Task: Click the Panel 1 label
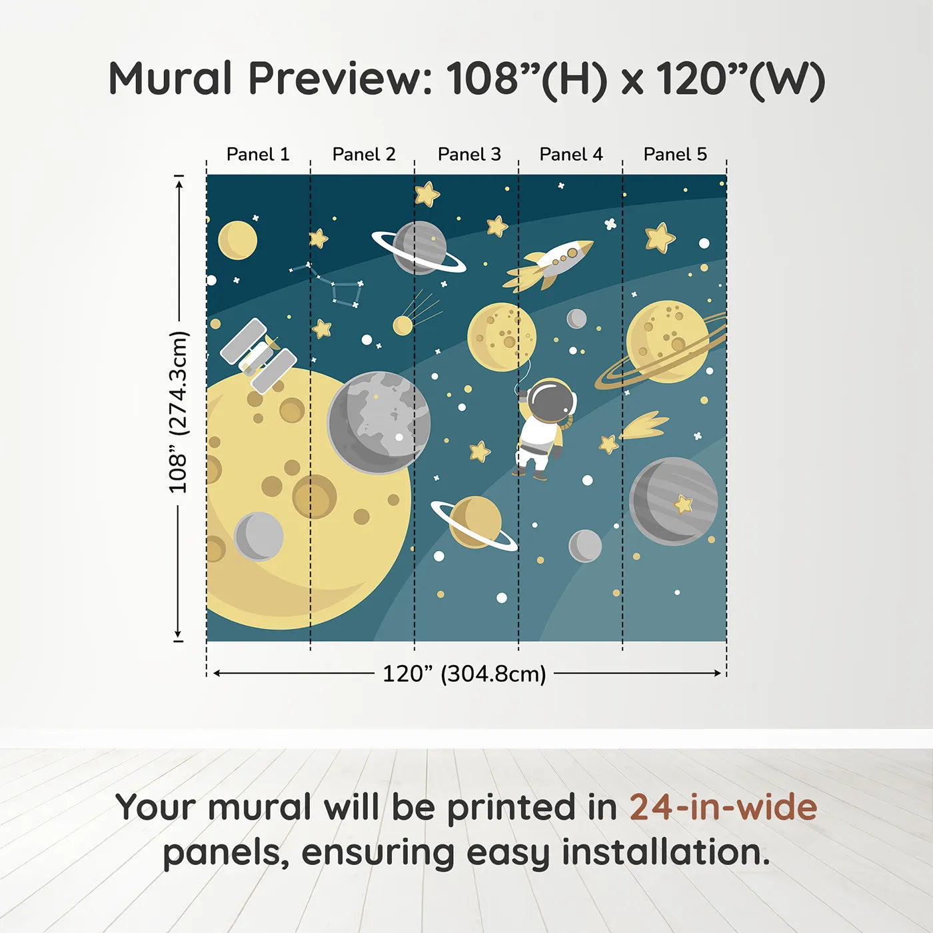click(258, 155)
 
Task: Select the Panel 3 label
click(469, 155)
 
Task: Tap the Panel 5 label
click(675, 155)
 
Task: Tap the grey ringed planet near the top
click(419, 249)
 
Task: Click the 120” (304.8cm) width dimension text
click(464, 674)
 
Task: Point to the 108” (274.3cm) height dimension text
click(179, 413)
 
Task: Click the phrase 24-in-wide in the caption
click(723, 808)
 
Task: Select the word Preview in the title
click(341, 79)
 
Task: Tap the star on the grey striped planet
click(683, 504)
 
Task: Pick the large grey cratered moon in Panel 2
click(379, 422)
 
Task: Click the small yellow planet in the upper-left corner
click(237, 240)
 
